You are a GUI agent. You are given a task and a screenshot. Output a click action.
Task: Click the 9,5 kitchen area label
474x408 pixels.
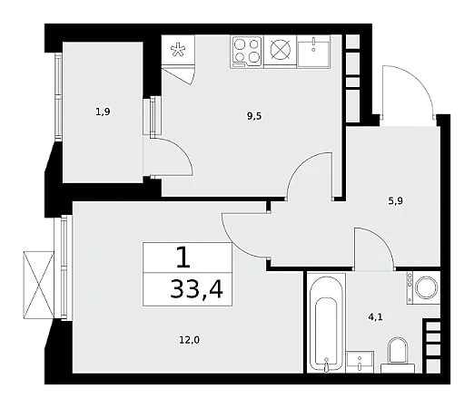[254, 116]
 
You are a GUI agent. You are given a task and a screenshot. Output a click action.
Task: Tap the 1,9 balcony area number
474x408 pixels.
[103, 112]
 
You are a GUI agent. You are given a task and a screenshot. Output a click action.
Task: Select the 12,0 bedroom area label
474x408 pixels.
[190, 340]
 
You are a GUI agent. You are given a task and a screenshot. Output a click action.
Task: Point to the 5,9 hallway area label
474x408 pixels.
[396, 201]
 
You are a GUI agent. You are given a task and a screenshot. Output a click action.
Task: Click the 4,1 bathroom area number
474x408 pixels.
[376, 317]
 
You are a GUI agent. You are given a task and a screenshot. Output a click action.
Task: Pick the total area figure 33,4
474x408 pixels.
[197, 289]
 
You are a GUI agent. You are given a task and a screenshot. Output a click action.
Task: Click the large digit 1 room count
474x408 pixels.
[183, 257]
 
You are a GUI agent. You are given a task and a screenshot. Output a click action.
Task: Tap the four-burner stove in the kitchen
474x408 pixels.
[247, 52]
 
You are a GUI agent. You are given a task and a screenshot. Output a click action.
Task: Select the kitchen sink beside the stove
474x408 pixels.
[313, 51]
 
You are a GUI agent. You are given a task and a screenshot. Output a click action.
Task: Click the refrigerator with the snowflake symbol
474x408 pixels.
[178, 50]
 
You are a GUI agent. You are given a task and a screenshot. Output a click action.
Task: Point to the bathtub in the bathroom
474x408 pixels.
[326, 323]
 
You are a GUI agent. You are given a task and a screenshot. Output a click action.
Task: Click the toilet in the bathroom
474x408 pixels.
[398, 355]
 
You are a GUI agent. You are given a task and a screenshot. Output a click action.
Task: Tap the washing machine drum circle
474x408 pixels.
[427, 287]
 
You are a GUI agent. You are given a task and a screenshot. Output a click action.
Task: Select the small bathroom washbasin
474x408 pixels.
[360, 362]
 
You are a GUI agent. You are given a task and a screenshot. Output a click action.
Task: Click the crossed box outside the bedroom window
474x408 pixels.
[38, 285]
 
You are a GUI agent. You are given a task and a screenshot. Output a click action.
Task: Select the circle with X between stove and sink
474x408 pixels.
[281, 50]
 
